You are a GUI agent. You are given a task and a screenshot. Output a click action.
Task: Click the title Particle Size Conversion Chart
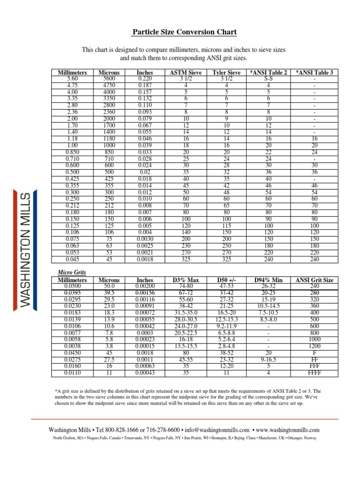click(183, 32)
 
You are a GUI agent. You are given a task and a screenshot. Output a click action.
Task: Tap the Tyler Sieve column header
click(226, 73)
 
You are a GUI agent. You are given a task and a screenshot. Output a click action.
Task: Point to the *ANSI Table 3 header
click(314, 73)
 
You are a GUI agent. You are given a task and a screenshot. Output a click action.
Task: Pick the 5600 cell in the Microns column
click(109, 79)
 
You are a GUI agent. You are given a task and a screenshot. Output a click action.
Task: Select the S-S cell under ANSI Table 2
click(268, 79)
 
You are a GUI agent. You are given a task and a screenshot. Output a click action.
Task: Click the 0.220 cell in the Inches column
click(144, 79)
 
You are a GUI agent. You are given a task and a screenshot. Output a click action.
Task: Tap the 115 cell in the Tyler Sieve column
click(226, 226)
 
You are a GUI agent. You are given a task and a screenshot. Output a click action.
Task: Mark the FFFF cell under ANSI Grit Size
click(314, 373)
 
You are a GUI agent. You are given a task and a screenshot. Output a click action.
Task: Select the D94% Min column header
click(268, 280)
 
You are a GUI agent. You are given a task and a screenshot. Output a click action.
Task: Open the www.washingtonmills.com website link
click(288, 430)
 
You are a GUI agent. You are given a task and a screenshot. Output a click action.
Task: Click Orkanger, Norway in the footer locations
click(303, 438)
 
